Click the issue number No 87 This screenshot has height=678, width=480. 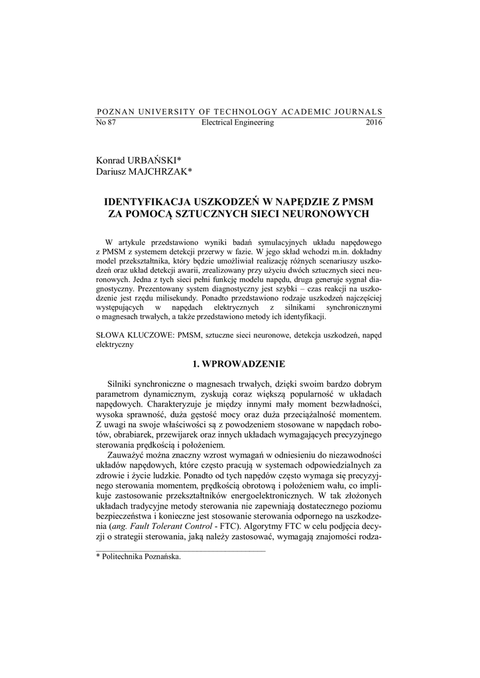[x=106, y=123]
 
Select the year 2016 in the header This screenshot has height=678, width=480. [x=374, y=123]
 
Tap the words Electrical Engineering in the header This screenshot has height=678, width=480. [x=237, y=123]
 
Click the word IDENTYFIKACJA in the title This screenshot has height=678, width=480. [x=150, y=201]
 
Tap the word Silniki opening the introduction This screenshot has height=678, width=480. [x=120, y=384]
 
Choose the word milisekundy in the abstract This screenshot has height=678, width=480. [x=174, y=299]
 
